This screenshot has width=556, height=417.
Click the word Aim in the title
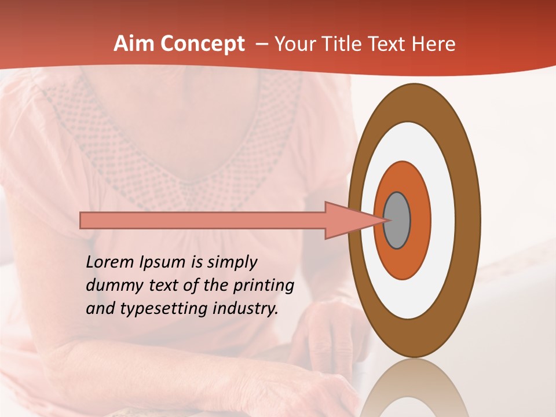tap(134, 44)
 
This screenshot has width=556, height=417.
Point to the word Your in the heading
tap(295, 44)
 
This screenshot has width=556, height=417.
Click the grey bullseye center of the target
tap(397, 220)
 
